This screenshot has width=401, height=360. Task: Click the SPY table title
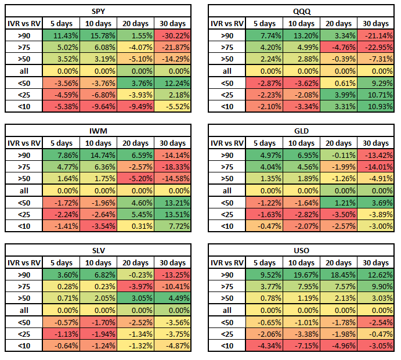coord(98,11)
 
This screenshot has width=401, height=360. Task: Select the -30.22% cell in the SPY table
coord(172,35)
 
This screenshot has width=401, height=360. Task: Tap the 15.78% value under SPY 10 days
coord(135,35)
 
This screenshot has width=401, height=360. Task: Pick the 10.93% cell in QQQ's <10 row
coord(376,106)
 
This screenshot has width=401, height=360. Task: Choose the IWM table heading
coord(98,131)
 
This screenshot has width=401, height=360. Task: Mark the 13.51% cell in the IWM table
coord(172,214)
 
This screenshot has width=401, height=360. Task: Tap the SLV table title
coord(98,250)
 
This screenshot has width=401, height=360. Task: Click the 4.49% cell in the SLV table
coord(172,298)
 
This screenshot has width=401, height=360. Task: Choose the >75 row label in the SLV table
coord(23,286)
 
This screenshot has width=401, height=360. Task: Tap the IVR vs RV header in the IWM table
coord(23,143)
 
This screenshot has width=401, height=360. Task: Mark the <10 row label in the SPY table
coord(23,106)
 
